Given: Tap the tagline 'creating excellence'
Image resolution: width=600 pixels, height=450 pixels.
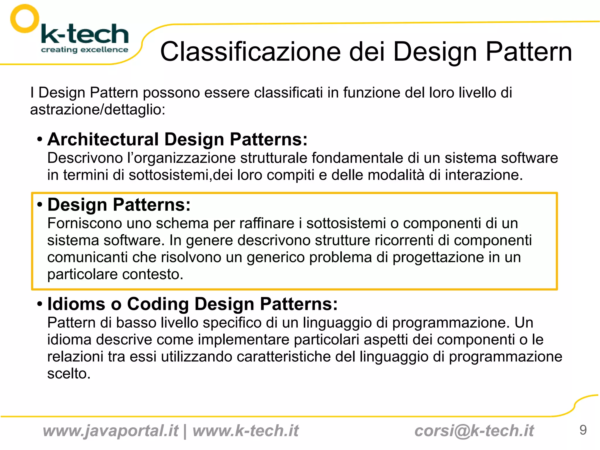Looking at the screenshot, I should (84, 50).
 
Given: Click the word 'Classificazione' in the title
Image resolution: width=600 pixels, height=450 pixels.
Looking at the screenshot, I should (250, 52).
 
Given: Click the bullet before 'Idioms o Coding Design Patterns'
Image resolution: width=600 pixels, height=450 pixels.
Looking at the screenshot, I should (40, 304).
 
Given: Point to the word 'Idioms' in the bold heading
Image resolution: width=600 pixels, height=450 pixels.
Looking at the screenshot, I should (76, 304).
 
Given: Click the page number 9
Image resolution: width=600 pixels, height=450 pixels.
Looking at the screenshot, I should (583, 430).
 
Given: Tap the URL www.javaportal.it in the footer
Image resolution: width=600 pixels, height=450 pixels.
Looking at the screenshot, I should (110, 431).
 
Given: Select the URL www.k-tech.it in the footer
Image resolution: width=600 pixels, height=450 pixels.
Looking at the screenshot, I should (246, 431).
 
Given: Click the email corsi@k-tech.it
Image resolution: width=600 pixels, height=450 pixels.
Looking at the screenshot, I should (474, 431).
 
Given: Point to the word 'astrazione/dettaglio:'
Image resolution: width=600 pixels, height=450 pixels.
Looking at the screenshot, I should (98, 110).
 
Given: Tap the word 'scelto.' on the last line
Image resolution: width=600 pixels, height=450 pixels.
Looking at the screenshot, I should (69, 374).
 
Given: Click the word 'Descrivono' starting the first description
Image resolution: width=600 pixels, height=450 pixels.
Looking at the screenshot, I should (85, 158).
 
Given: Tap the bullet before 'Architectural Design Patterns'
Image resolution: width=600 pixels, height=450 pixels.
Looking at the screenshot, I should (40, 139).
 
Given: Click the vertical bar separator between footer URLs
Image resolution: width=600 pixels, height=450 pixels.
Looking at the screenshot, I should (185, 431).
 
